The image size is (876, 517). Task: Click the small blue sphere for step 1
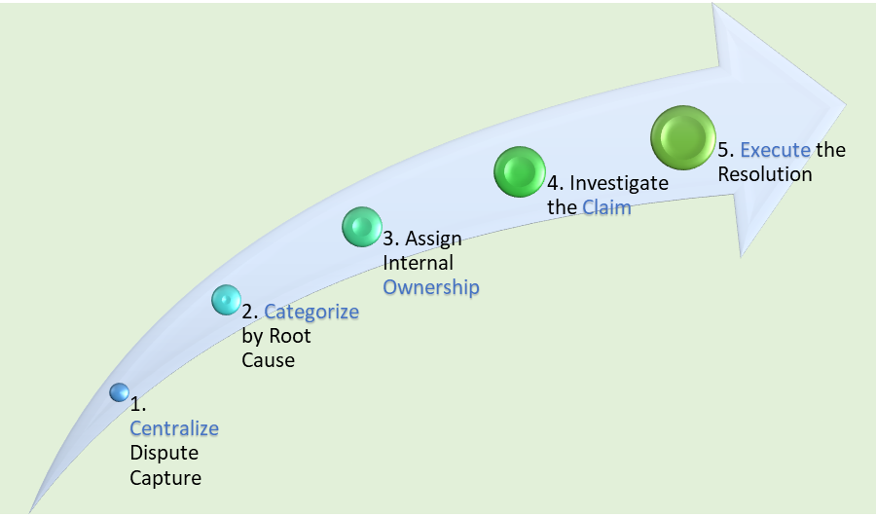tap(119, 392)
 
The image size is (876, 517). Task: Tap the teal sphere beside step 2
tap(226, 300)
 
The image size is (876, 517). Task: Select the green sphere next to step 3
tap(362, 227)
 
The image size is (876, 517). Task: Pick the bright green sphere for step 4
tap(518, 172)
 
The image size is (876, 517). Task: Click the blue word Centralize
tap(174, 428)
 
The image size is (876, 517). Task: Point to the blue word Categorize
tap(311, 312)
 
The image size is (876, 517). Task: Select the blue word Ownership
tap(431, 287)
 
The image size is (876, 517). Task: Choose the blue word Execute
tap(775, 150)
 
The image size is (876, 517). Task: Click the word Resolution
tap(764, 174)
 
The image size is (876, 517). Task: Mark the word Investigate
tap(620, 182)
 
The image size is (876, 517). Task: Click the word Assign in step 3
tap(433, 239)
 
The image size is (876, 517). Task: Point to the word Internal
tap(418, 263)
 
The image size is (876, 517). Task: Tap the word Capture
tap(164, 477)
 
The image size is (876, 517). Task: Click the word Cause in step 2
tap(268, 360)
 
